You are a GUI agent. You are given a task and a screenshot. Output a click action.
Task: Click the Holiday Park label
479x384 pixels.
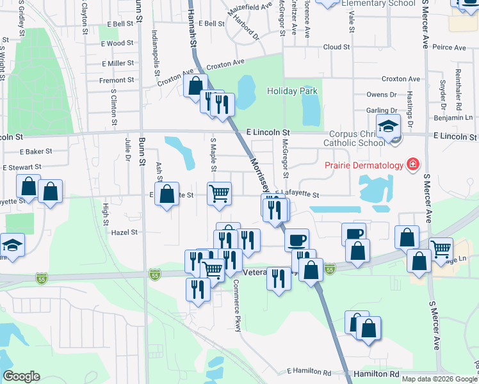coord(292,91)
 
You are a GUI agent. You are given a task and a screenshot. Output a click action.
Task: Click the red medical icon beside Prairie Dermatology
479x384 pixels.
coord(414,164)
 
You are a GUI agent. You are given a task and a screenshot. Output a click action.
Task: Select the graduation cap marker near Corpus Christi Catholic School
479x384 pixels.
coord(388,127)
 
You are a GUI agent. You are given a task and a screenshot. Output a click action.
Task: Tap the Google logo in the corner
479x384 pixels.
coord(21,376)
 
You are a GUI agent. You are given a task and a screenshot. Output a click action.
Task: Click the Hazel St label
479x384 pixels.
coord(125,233)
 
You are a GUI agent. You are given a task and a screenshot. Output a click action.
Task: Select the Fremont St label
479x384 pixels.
coord(116,80)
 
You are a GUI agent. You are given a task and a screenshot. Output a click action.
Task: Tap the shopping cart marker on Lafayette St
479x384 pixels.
coord(219,193)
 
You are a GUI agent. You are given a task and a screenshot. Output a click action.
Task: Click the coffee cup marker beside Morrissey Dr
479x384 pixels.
coord(296,240)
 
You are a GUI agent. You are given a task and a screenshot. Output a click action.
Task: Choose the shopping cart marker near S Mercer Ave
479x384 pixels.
coord(441,249)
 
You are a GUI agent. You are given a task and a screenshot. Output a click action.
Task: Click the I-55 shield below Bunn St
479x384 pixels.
coord(154,274)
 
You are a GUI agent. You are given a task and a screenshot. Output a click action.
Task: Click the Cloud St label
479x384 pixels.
coord(336,47)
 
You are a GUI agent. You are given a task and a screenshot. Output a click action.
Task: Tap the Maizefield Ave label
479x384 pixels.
coord(251,8)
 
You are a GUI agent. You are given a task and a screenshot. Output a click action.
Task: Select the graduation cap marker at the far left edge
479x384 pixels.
coord(12,245)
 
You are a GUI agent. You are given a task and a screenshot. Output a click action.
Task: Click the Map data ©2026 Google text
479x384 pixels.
coord(438,379)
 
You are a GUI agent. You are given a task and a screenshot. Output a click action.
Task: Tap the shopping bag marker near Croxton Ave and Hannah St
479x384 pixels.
coord(195,85)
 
